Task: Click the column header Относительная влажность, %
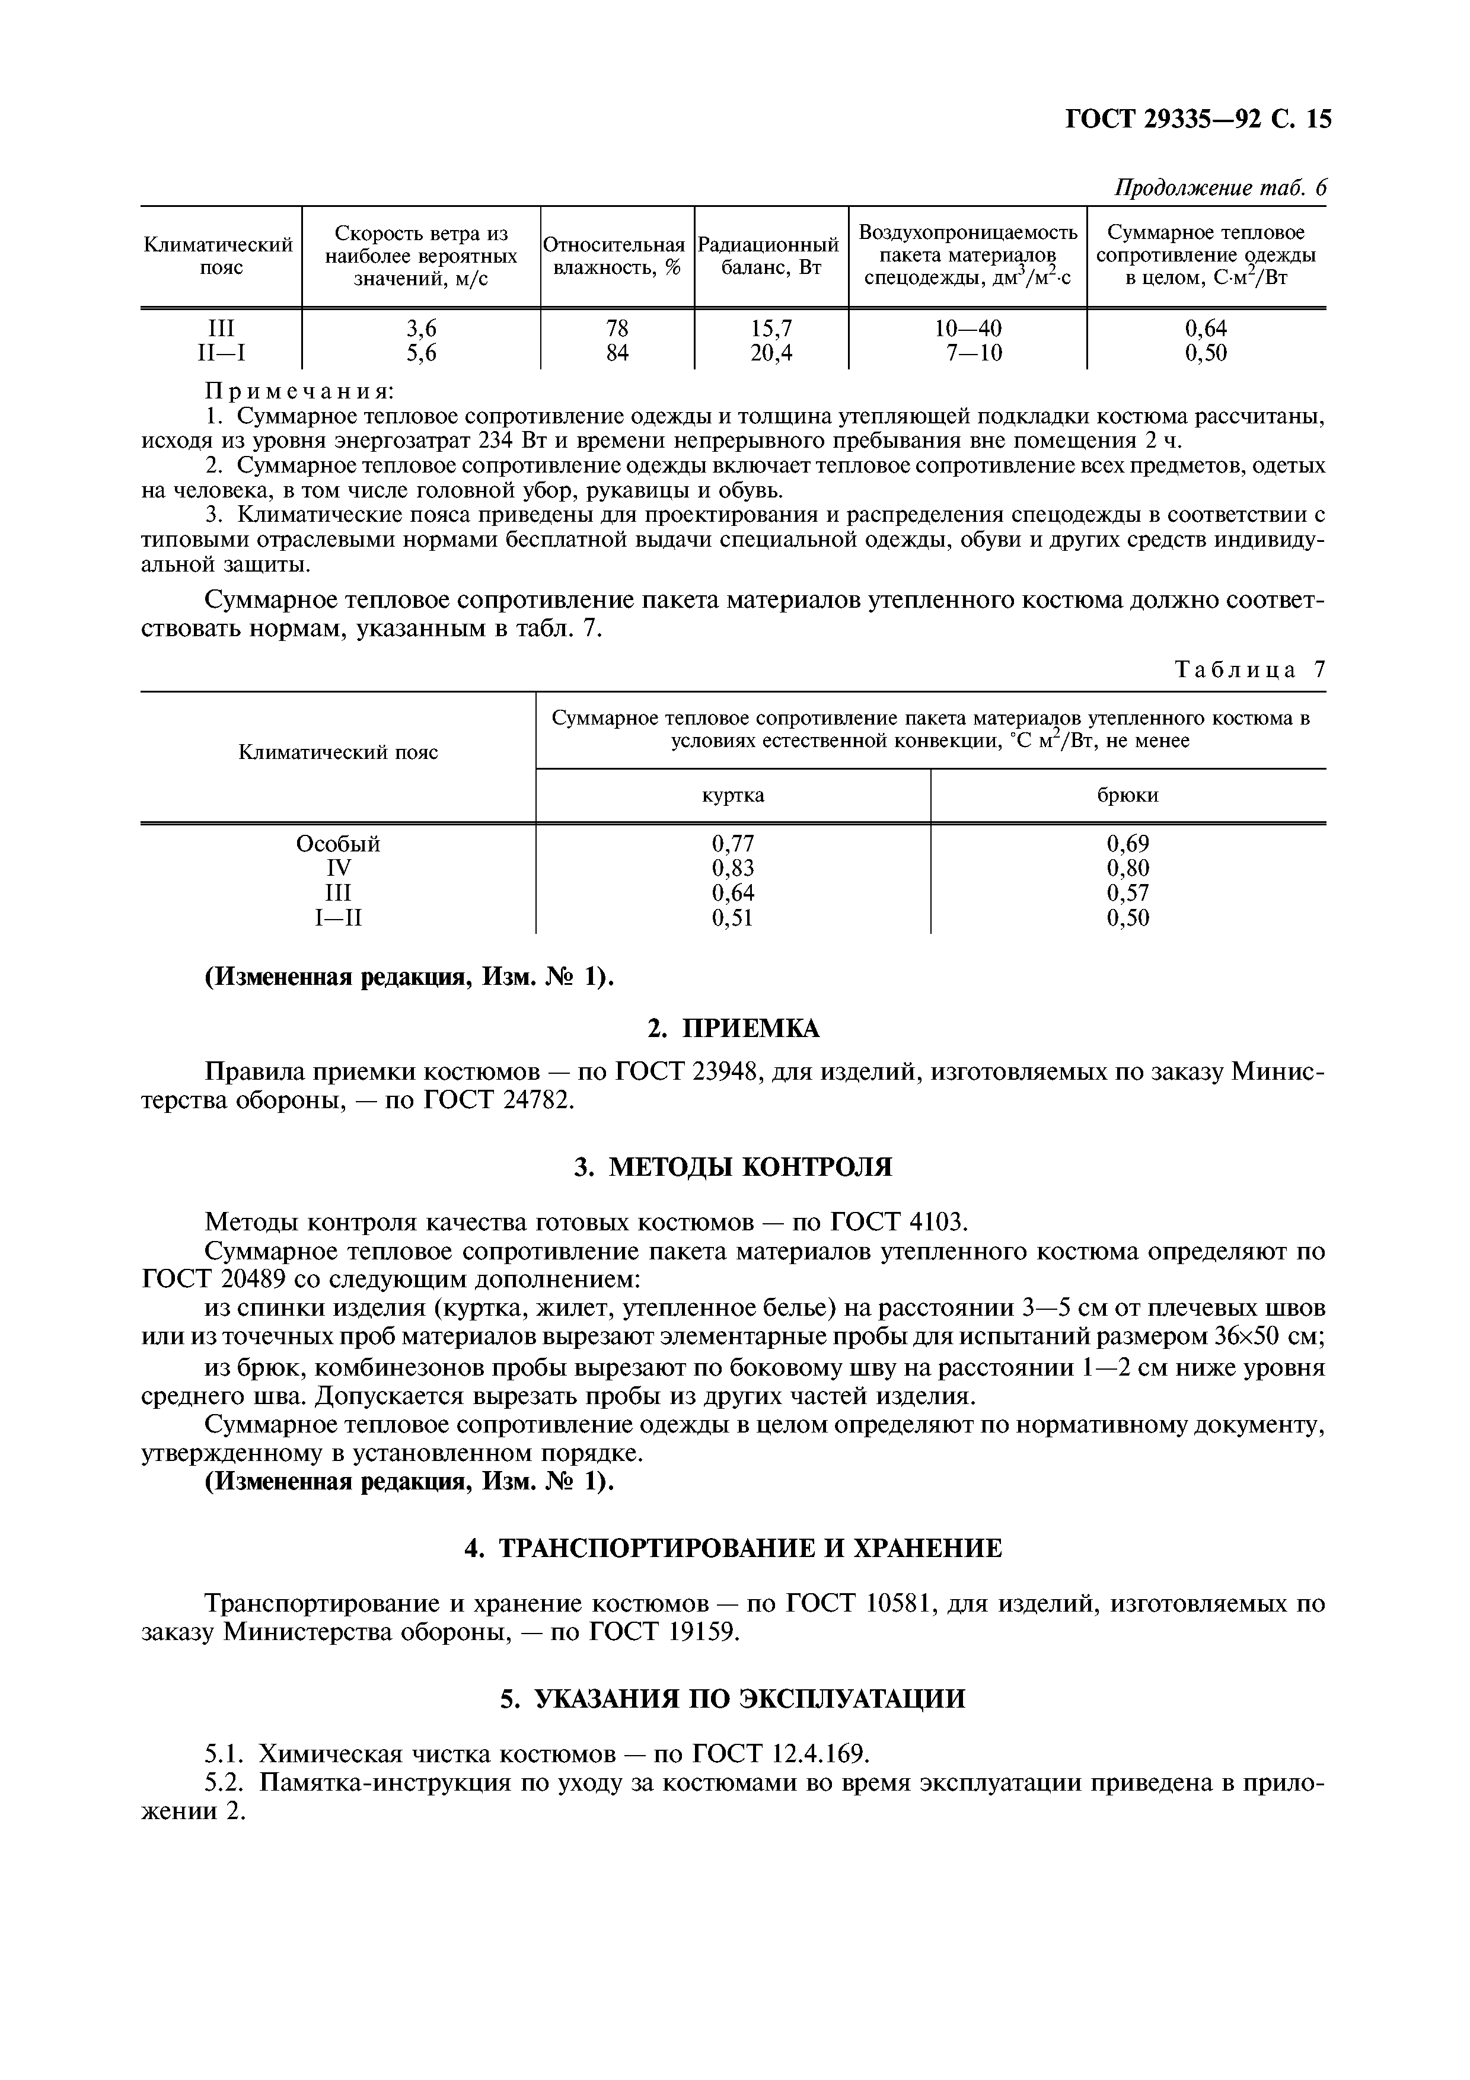click(x=617, y=256)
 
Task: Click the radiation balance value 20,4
click(x=771, y=353)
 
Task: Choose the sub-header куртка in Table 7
click(x=733, y=795)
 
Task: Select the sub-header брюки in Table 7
click(x=1128, y=795)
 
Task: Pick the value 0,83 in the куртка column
click(x=733, y=869)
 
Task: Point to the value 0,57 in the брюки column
click(x=1128, y=893)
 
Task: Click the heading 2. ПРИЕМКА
click(x=734, y=1029)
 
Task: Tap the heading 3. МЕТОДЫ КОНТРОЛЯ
click(x=734, y=1167)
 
